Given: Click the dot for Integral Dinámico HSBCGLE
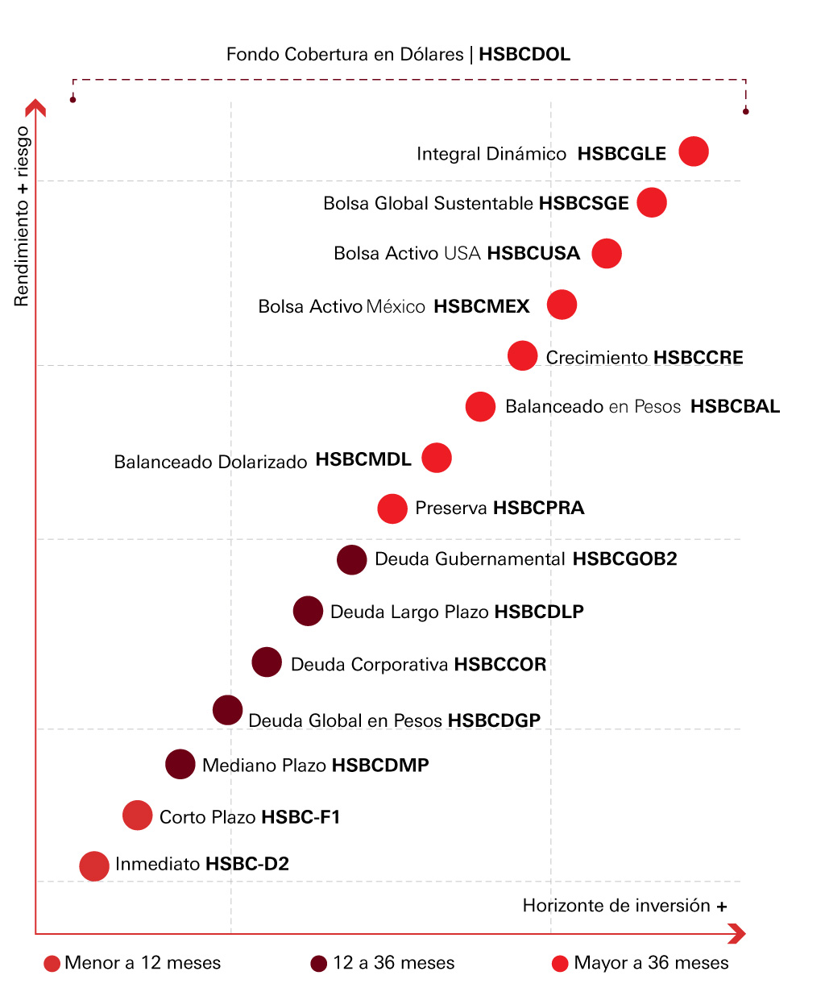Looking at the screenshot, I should pyautogui.click(x=694, y=151).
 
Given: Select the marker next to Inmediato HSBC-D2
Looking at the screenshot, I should pyautogui.click(x=94, y=865).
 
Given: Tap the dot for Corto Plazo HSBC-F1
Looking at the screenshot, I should pyautogui.click(x=138, y=816).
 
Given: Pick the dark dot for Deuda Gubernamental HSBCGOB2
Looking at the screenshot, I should pyautogui.click(x=351, y=559).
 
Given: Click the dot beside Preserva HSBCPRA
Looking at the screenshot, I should pyautogui.click(x=392, y=508).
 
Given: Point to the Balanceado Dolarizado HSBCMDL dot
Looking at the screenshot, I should pyautogui.click(x=437, y=458).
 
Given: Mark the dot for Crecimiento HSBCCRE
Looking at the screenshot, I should pyautogui.click(x=523, y=356).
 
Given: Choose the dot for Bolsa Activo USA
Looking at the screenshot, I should pyautogui.click(x=607, y=253).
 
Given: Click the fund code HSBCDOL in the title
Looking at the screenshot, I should pyautogui.click(x=524, y=55).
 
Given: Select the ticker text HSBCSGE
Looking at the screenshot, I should pyautogui.click(x=584, y=203).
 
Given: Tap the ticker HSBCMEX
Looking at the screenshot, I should pyautogui.click(x=482, y=306).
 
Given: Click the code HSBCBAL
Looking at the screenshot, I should pyautogui.click(x=735, y=406).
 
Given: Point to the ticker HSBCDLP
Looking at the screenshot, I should pyautogui.click(x=539, y=612).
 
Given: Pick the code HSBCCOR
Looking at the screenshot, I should pyautogui.click(x=500, y=664).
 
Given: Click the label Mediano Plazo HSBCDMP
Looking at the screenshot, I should pyautogui.click(x=316, y=765).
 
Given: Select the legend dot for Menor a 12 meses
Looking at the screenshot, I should pyautogui.click(x=52, y=964).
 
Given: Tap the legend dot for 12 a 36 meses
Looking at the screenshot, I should pyautogui.click(x=319, y=964).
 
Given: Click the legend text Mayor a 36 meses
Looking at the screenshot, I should pyautogui.click(x=651, y=963).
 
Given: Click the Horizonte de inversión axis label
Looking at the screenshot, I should pyautogui.click(x=624, y=906).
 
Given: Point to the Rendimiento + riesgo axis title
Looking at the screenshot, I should pyautogui.click(x=22, y=216).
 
